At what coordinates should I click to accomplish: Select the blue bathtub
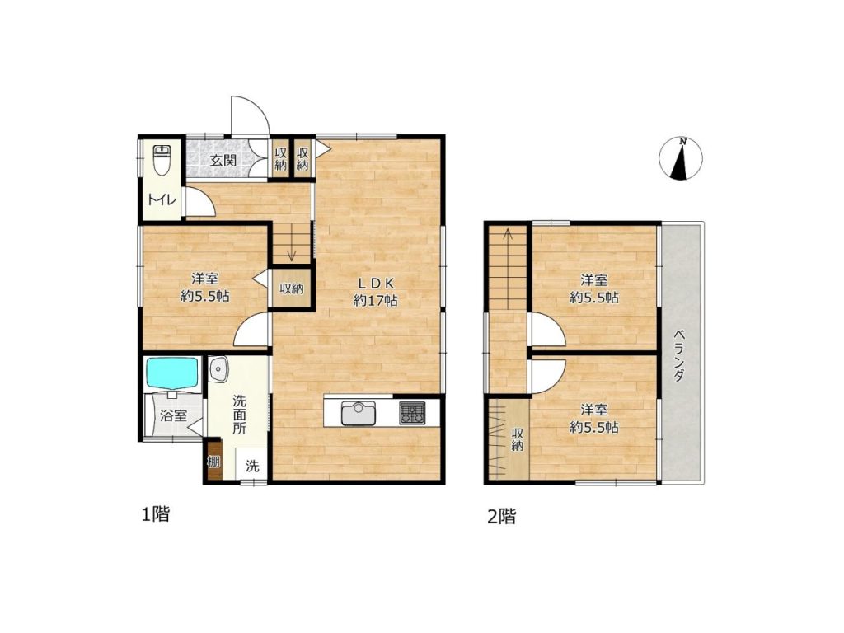[x=173, y=373]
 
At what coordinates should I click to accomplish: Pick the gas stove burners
[x=412, y=413]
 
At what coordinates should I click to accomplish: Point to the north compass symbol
[x=681, y=158]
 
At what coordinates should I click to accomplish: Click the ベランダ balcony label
[x=679, y=355]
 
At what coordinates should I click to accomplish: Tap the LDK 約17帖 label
[x=375, y=292]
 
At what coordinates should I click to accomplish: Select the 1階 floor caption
[x=155, y=514]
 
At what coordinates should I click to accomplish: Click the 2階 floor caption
[x=502, y=517]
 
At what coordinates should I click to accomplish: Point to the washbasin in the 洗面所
[x=218, y=370]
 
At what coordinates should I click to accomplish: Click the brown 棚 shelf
[x=213, y=461]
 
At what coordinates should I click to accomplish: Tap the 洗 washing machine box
[x=252, y=465]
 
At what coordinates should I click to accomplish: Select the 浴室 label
[x=173, y=415]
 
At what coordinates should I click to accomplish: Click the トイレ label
[x=162, y=199]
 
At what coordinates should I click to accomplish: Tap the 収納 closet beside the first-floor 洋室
[x=291, y=288]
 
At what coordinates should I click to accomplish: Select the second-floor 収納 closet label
[x=518, y=439]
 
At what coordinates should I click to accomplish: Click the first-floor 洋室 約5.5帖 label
[x=204, y=288]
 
